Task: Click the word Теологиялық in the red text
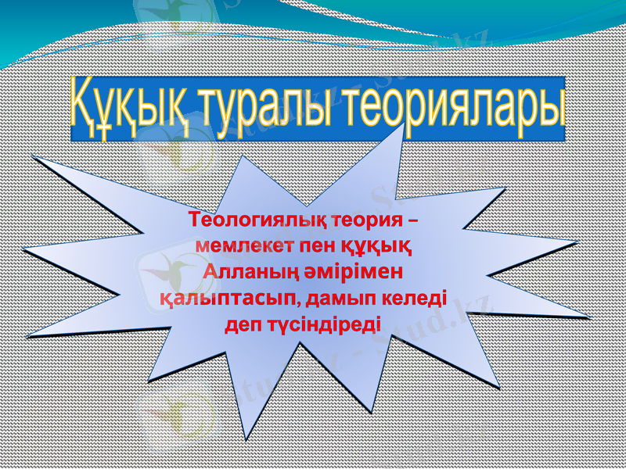coord(256,218)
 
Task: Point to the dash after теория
coord(412,219)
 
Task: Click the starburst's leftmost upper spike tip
coord(32,157)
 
